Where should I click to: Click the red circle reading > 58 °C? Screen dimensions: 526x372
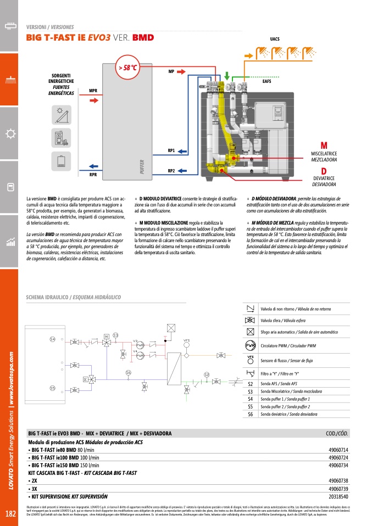coord(127,68)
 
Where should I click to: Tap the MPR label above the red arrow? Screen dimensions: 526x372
coord(93,90)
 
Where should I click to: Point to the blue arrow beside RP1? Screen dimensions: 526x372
coord(183,150)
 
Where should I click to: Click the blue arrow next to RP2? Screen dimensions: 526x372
coord(183,171)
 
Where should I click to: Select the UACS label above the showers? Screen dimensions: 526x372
coord(275,40)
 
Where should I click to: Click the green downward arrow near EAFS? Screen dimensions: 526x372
coord(227,75)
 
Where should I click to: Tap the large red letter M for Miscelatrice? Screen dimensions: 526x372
coord(324,145)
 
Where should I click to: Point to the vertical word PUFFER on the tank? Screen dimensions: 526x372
coord(142,165)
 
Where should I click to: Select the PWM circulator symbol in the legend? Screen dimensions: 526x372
coord(251,345)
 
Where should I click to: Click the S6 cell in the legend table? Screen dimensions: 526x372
coord(251,414)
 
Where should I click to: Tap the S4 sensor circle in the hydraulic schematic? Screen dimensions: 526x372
coord(53,339)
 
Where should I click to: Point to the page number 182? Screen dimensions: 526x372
coord(10,514)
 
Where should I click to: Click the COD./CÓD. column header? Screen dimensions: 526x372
coord(337,433)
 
